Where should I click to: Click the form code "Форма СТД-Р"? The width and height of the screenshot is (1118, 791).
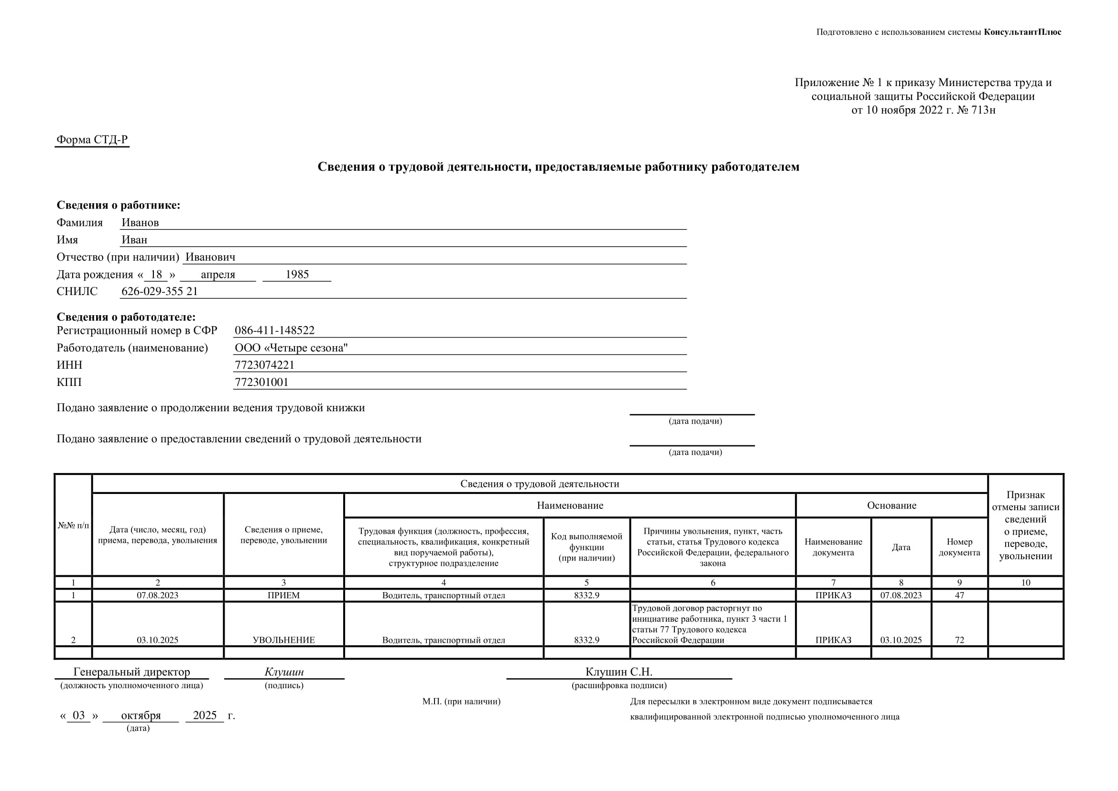pyautogui.click(x=92, y=140)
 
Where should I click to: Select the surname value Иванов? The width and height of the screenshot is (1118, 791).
pyautogui.click(x=140, y=222)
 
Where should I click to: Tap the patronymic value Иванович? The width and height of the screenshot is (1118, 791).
pyautogui.click(x=210, y=257)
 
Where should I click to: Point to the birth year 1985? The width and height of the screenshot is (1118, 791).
pyautogui.click(x=297, y=274)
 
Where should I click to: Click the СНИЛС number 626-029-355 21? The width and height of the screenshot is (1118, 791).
pyautogui.click(x=160, y=291)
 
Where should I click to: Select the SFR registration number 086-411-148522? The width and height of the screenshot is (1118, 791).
pyautogui.click(x=275, y=330)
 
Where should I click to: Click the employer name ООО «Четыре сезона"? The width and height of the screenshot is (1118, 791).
pyautogui.click(x=291, y=348)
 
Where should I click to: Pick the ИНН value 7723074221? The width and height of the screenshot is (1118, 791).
pyautogui.click(x=264, y=365)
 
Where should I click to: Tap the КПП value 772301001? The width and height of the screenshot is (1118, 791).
pyautogui.click(x=261, y=382)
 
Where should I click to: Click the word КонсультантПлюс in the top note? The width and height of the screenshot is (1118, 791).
pyautogui.click(x=1022, y=32)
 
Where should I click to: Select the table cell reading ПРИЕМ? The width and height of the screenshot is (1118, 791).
pyautogui.click(x=284, y=595)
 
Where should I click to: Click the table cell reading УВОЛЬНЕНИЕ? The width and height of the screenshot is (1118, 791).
pyautogui.click(x=284, y=640)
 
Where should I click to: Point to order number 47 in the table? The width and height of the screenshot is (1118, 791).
pyautogui.click(x=959, y=595)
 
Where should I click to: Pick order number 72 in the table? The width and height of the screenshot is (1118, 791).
pyautogui.click(x=959, y=640)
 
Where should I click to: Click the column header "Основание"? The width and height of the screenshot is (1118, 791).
pyautogui.click(x=891, y=505)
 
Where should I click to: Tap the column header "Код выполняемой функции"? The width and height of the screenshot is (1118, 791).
pyautogui.click(x=586, y=547)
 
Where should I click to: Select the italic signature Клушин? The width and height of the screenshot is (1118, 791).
pyautogui.click(x=284, y=672)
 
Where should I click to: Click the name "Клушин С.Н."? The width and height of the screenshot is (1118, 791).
pyautogui.click(x=619, y=672)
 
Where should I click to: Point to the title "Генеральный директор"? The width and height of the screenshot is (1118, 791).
pyautogui.click(x=131, y=672)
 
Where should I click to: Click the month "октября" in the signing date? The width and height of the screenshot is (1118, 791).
pyautogui.click(x=141, y=715)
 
